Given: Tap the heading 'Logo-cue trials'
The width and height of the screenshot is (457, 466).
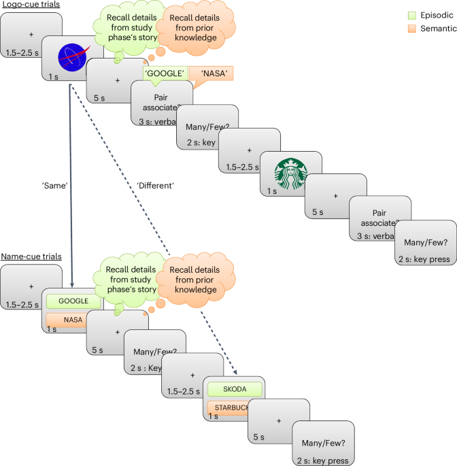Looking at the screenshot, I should click(x=31, y=5).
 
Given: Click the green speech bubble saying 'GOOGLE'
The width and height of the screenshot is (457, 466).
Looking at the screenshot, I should click(x=163, y=73).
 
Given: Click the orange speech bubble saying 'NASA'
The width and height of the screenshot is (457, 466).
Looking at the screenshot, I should click(x=212, y=73).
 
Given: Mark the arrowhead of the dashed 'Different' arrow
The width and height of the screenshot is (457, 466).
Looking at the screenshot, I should click(x=235, y=373).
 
